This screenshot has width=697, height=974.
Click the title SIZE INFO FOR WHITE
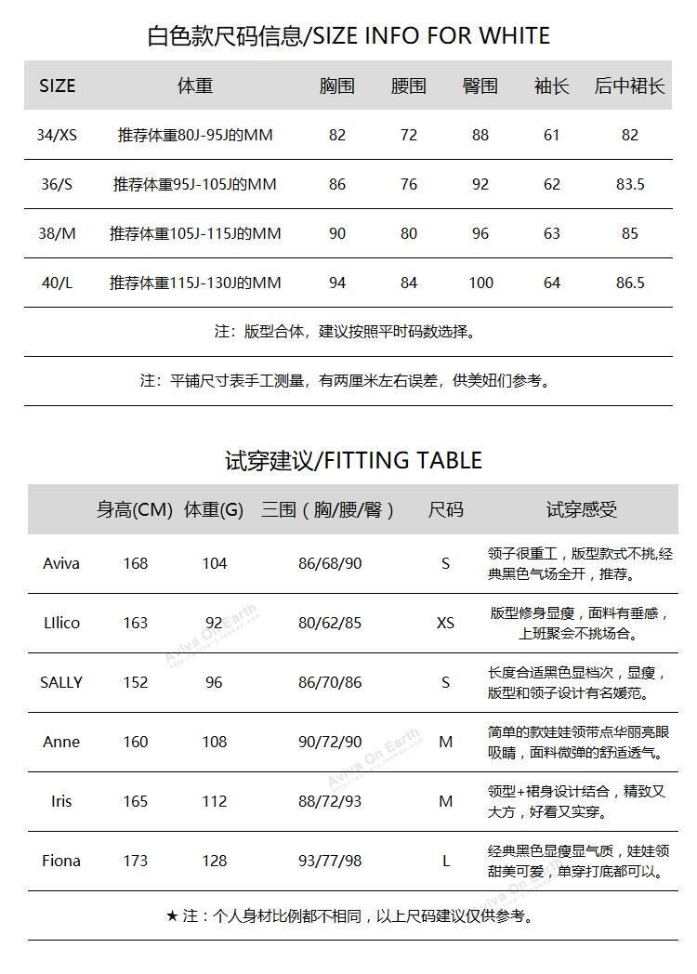click(348, 35)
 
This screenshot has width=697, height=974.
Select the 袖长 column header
click(551, 86)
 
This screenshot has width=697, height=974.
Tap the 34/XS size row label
click(57, 135)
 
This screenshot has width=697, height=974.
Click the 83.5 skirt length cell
click(630, 184)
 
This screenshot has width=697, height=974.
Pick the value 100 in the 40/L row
click(480, 283)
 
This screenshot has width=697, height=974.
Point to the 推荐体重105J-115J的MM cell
click(195, 233)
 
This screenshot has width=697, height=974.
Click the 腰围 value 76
click(409, 184)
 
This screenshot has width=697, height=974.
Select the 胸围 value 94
click(337, 283)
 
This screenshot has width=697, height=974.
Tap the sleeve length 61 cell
click(552, 135)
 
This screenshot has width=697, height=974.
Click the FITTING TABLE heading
click(353, 460)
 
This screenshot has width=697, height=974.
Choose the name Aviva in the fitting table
click(61, 563)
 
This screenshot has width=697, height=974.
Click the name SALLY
click(61, 682)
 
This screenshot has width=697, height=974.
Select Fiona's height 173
click(136, 861)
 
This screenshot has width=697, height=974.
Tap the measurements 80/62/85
click(330, 623)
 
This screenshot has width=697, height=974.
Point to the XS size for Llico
click(445, 623)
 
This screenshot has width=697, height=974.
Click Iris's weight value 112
click(214, 801)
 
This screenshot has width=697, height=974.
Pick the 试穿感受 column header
click(581, 509)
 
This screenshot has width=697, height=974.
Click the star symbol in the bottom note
click(172, 916)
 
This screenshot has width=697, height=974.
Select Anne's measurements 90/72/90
click(330, 742)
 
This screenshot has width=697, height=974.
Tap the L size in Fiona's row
click(445, 861)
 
